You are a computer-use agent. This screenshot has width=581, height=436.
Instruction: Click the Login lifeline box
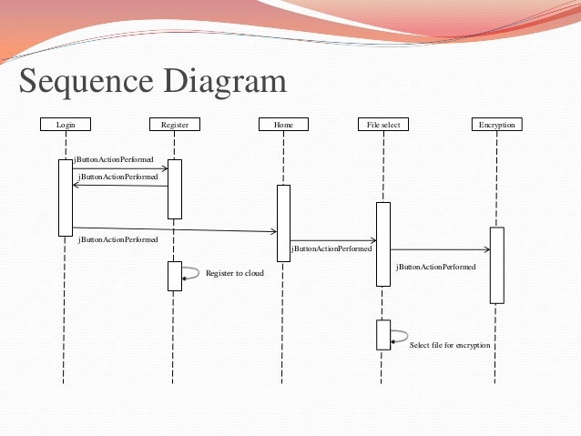[x=65, y=124]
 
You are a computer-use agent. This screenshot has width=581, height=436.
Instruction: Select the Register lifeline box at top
[x=174, y=124]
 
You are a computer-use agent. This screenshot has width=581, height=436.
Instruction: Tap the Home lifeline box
[x=282, y=124]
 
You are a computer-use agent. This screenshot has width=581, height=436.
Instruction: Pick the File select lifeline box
[x=383, y=124]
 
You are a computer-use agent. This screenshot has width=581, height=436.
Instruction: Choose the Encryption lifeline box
[x=496, y=124]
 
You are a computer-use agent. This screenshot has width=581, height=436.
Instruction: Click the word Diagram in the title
[x=224, y=83]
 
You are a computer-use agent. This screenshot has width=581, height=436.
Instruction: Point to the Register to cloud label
[x=234, y=272]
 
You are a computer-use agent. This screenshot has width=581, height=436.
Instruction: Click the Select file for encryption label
[x=450, y=346]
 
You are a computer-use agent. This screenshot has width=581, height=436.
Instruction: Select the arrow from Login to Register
[x=120, y=168]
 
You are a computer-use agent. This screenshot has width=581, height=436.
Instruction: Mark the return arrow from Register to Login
[x=120, y=186]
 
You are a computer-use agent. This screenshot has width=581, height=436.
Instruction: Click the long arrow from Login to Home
[x=173, y=229]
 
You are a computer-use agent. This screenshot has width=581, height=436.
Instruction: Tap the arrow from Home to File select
[x=332, y=240]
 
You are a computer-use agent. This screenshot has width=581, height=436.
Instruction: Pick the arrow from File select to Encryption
[x=439, y=248]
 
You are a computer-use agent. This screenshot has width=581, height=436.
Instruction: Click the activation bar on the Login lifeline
[x=65, y=198]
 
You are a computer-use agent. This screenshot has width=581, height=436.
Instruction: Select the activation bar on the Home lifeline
[x=283, y=223]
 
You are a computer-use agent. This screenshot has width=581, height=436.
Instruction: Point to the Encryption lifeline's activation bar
[x=496, y=265]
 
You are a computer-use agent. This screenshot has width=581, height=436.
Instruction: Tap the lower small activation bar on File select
[x=383, y=334]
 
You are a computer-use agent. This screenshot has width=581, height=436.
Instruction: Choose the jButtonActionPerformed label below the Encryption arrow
[x=435, y=268]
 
